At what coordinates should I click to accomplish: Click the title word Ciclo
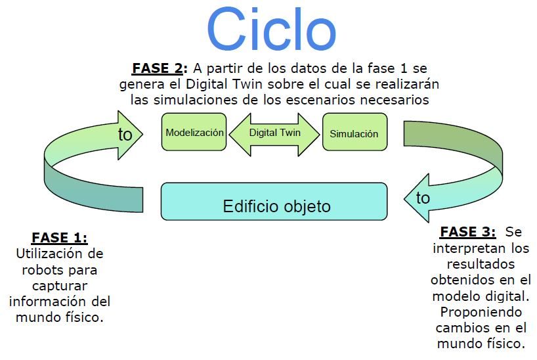point(271,29)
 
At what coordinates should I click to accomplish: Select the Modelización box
point(194,132)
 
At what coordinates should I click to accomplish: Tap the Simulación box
point(354,132)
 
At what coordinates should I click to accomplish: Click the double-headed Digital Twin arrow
point(274,135)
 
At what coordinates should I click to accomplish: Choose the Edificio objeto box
point(274,202)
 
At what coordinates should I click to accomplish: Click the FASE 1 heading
point(60,238)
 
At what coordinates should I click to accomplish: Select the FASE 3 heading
point(468,232)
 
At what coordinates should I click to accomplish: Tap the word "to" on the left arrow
point(125,134)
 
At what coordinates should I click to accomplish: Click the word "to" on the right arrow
point(423,198)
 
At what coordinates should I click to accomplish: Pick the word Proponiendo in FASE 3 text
point(481,312)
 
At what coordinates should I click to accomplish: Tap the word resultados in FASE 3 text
point(481,264)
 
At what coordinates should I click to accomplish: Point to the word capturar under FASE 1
point(60,286)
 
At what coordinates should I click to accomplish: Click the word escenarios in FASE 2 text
point(321,100)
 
